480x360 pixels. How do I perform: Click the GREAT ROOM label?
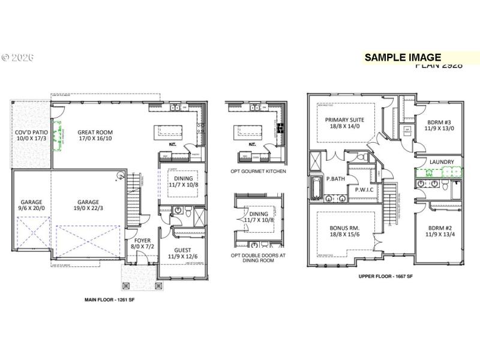(95, 133)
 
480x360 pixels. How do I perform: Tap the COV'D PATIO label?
(31, 133)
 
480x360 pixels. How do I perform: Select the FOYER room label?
(134, 241)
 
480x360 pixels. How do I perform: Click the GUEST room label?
(182, 250)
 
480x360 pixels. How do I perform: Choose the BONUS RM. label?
(344, 229)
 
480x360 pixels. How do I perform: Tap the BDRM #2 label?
(441, 228)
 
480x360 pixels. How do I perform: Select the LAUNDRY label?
(442, 162)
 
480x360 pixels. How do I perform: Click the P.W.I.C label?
(364, 189)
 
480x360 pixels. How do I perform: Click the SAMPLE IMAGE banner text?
(403, 58)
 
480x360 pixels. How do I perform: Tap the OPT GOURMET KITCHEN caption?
(259, 172)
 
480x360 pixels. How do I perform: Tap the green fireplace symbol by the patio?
(58, 136)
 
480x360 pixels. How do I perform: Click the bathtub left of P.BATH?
(314, 187)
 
